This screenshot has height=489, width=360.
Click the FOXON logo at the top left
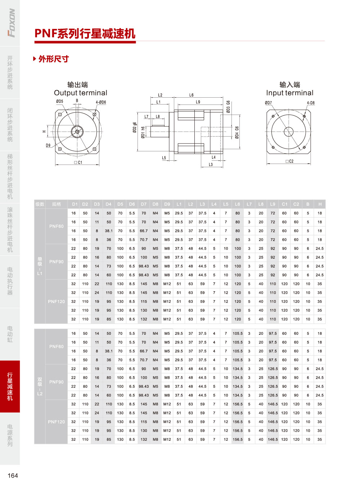pos(11,23)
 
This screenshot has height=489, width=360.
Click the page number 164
pos(13,475)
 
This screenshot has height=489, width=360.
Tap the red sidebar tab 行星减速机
pos(10,386)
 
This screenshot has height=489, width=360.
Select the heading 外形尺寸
pos(54,59)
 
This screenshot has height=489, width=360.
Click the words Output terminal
pos(81,93)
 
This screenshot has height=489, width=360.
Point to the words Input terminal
pos(289,93)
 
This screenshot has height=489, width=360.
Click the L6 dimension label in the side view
pos(191,95)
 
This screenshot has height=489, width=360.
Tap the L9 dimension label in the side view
pos(198,102)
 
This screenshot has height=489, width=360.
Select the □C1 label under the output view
pos(78,163)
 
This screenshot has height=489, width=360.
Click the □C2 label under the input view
pos(289,161)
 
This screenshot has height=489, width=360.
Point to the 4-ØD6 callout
pos(101,102)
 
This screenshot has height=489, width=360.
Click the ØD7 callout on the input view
pos(269,103)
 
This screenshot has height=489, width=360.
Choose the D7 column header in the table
pos(144,204)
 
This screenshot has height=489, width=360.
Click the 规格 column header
pos(56,204)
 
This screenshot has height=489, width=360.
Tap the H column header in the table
pos(320,204)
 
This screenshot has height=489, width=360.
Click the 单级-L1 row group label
pos(40,266)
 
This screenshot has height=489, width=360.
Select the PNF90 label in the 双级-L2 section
pos(56,382)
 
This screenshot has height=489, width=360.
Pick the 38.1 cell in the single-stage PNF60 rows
pos(109,231)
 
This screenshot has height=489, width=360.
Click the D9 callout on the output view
pos(48,145)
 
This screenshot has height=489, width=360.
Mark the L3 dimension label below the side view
pos(211,165)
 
